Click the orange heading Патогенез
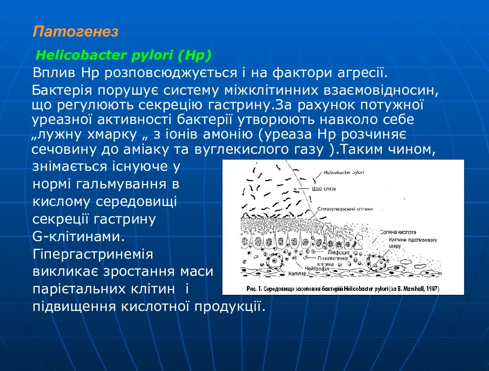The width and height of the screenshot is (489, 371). point(76,32)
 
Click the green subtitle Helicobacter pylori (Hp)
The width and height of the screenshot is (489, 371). point(124,56)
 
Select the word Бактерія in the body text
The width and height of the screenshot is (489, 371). point(62,91)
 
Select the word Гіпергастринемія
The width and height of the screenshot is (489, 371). point(93,254)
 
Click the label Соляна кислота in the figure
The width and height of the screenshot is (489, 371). point(398,233)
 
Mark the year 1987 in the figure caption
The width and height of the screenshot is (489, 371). point(432,289)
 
